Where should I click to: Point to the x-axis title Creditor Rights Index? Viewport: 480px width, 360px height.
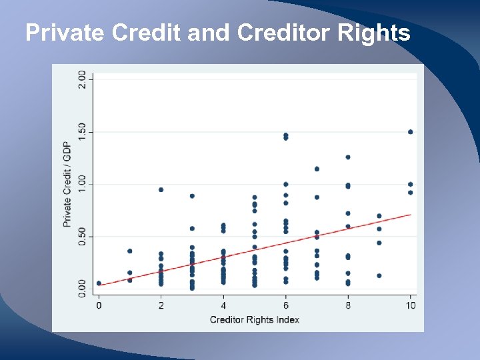pyautogui.click(x=254, y=319)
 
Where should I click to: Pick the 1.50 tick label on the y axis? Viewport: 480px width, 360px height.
pyautogui.click(x=82, y=131)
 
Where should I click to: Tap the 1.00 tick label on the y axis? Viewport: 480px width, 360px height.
pyautogui.click(x=82, y=183)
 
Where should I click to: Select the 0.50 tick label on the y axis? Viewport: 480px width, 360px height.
pyautogui.click(x=82, y=236)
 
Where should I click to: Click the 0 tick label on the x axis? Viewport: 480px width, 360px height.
pyautogui.click(x=99, y=305)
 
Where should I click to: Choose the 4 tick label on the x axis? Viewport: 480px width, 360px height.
pyautogui.click(x=223, y=305)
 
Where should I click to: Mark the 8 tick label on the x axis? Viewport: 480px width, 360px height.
pyautogui.click(x=348, y=305)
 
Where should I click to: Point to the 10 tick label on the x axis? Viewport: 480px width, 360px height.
pyautogui.click(x=410, y=305)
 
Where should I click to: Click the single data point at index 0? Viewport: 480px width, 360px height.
pyautogui.click(x=99, y=283)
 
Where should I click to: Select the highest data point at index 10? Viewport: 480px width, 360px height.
pyautogui.click(x=410, y=132)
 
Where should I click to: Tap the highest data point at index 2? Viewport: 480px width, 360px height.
pyautogui.click(x=161, y=189)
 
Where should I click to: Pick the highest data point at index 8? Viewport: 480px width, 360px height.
pyautogui.click(x=348, y=157)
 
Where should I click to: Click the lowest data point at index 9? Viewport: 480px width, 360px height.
pyautogui.click(x=379, y=275)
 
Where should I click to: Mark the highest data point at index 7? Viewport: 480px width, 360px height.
pyautogui.click(x=317, y=169)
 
